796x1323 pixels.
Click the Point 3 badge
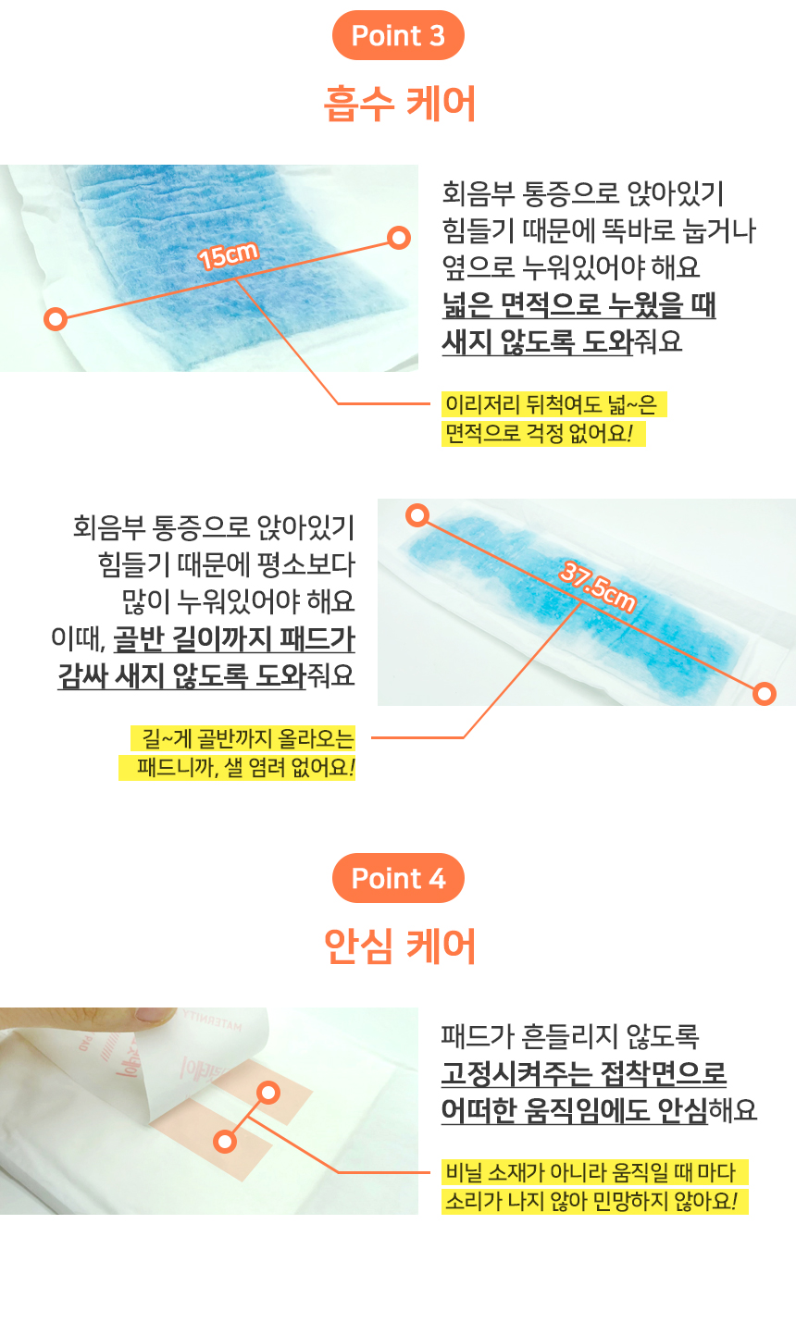click(398, 35)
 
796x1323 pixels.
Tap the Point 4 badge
click(398, 878)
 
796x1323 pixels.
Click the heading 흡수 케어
click(400, 104)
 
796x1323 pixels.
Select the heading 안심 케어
click(400, 946)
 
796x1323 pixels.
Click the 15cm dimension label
click(228, 255)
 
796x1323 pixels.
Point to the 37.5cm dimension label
click(597, 587)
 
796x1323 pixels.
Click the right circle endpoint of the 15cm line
click(400, 238)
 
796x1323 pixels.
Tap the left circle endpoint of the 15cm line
click(56, 319)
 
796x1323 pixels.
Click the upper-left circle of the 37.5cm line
click(417, 515)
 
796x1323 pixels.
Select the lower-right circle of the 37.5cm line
click(765, 693)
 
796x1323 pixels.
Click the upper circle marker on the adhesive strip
click(268, 1093)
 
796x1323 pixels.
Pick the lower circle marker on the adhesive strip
click(225, 1142)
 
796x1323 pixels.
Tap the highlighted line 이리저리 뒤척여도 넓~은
click(554, 404)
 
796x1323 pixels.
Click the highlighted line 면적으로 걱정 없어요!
click(543, 434)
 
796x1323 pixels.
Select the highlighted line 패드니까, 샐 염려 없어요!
click(237, 767)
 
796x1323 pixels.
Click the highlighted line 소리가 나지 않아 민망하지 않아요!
click(595, 1201)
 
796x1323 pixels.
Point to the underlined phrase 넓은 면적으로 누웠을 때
click(579, 304)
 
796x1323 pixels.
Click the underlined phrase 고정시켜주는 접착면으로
click(584, 1073)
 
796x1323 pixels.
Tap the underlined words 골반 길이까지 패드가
click(234, 638)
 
